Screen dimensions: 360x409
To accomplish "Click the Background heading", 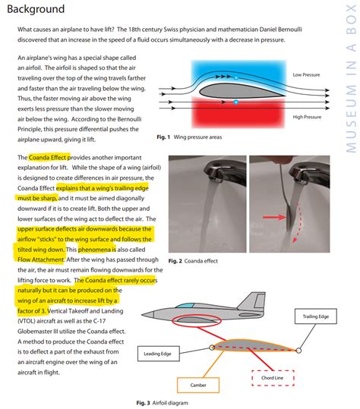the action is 36,9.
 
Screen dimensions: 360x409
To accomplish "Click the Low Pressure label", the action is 306,75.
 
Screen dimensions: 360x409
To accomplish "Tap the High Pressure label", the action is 307,117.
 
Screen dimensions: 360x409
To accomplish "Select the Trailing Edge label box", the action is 316,316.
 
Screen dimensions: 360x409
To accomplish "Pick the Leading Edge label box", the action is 159,354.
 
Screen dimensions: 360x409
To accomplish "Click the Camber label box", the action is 198,385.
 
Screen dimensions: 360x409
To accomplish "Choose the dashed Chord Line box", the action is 273,378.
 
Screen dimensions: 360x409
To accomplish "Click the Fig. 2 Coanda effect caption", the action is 193,261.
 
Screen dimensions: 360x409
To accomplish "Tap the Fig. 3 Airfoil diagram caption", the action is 162,403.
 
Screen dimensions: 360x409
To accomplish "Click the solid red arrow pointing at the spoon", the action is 274,217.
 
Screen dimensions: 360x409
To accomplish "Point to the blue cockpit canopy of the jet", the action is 185,306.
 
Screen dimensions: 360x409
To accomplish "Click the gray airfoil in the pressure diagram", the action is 240,91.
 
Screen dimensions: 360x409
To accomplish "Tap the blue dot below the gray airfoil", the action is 236,102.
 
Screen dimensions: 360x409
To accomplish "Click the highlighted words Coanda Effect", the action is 48,158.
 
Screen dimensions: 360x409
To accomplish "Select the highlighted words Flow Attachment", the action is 41,260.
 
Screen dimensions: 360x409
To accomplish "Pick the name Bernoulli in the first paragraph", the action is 290,30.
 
